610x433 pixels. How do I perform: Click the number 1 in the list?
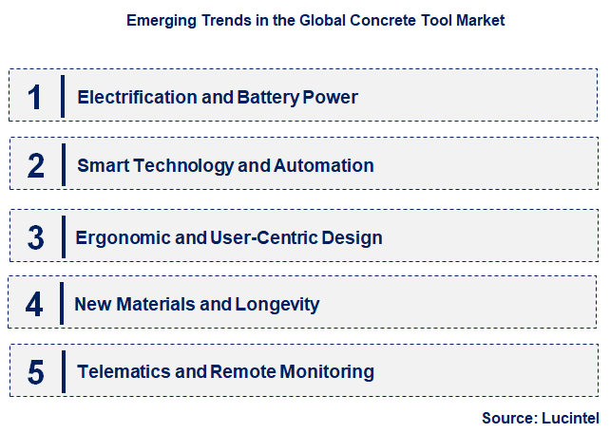click(35, 97)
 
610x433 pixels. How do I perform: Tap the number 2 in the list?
click(36, 166)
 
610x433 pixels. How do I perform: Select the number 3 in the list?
click(36, 236)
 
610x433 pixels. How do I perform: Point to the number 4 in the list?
click(35, 305)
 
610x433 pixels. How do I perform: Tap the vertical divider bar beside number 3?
click(62, 236)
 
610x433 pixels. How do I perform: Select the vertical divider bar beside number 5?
click(62, 371)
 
